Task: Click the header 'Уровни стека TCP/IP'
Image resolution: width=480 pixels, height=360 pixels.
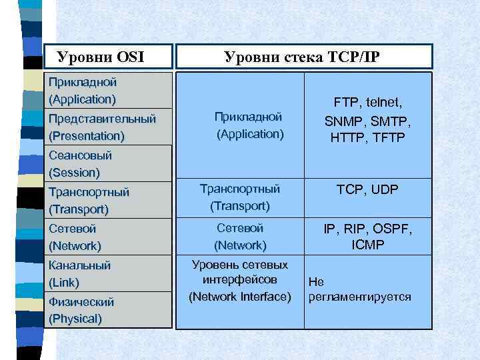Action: pos(302,57)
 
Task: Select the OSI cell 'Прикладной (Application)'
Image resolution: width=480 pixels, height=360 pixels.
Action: pos(83,91)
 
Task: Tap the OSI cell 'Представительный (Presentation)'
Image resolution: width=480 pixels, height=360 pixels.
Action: pos(102,127)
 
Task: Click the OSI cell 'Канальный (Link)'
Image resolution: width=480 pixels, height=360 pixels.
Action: pos(79,273)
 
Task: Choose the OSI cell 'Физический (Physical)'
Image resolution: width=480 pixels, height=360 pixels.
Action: pos(81,310)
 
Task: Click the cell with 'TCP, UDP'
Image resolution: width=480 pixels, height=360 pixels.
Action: pos(367,190)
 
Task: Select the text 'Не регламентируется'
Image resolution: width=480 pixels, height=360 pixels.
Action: pos(359,289)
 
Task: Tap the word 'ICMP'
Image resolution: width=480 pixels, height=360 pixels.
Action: pos(368,245)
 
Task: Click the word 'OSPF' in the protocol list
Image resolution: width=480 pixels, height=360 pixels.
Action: pos(390,229)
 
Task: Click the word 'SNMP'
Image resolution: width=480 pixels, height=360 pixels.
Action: pos(344,121)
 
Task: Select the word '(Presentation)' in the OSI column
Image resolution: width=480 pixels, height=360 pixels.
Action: pos(87,136)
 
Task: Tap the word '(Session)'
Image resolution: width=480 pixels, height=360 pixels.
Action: pos(74,173)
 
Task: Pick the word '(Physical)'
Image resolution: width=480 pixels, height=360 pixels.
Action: pos(75,319)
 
